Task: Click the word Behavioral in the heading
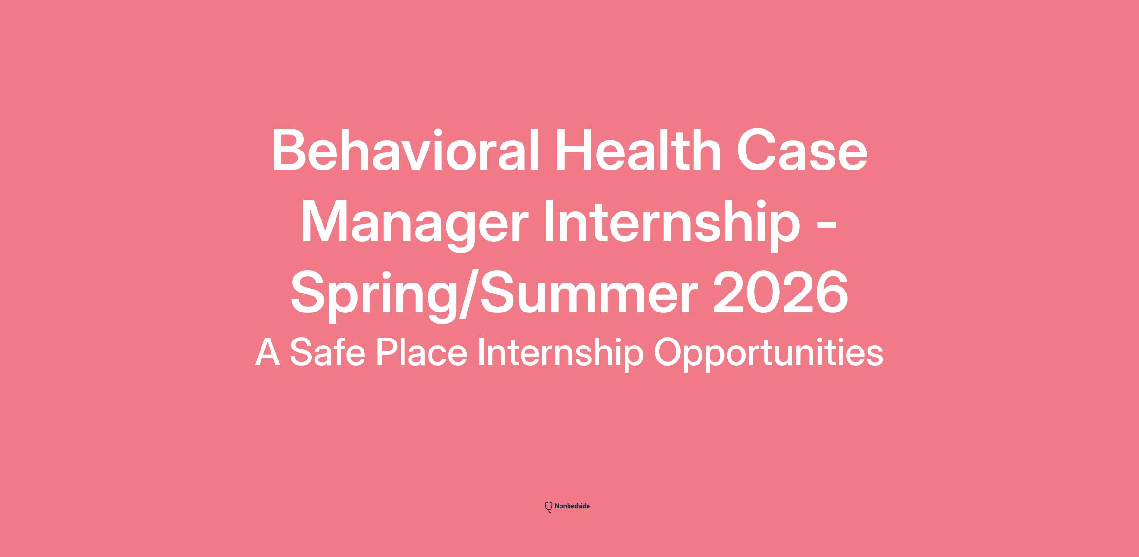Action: [x=405, y=151]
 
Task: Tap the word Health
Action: [x=639, y=151]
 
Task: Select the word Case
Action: [x=802, y=151]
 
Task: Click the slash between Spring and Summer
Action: [x=467, y=294]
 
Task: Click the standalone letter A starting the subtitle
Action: [x=268, y=352]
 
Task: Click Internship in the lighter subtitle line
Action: [x=560, y=355]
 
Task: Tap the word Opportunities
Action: [x=769, y=355]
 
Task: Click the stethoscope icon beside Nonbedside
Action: [x=549, y=507]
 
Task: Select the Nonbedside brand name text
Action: [x=572, y=506]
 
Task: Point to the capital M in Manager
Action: [x=325, y=222]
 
